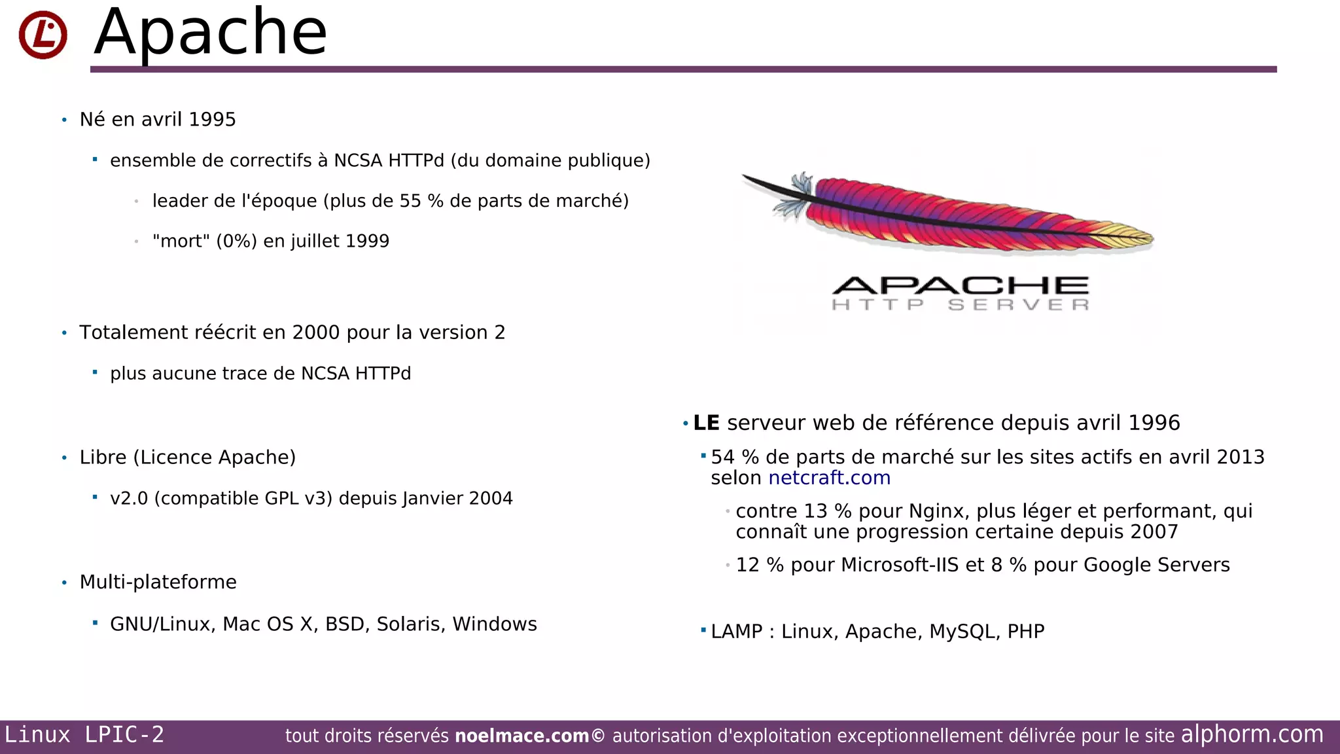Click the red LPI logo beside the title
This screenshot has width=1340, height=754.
tap(43, 35)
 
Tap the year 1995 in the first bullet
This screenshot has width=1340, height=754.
tap(212, 120)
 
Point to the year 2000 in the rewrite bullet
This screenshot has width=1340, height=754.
tap(316, 332)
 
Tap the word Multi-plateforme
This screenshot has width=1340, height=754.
tap(158, 583)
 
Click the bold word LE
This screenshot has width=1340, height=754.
tap(706, 423)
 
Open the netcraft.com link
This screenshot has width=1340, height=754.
tap(829, 478)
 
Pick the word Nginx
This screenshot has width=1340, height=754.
tap(936, 511)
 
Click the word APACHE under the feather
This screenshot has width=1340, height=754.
tap(960, 286)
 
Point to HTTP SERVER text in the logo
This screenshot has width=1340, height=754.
tap(960, 305)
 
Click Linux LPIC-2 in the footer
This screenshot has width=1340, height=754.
tap(84, 735)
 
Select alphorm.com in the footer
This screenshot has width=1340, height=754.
tap(1252, 734)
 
